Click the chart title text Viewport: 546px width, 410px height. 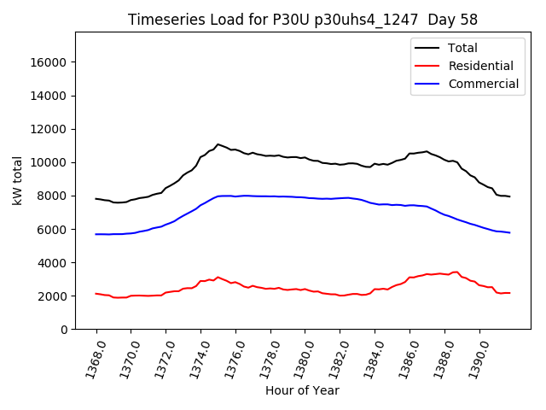click(x=302, y=20)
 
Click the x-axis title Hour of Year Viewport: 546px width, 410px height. click(x=302, y=390)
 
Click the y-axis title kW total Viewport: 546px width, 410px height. click(x=17, y=181)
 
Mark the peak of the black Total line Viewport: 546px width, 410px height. click(x=218, y=144)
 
